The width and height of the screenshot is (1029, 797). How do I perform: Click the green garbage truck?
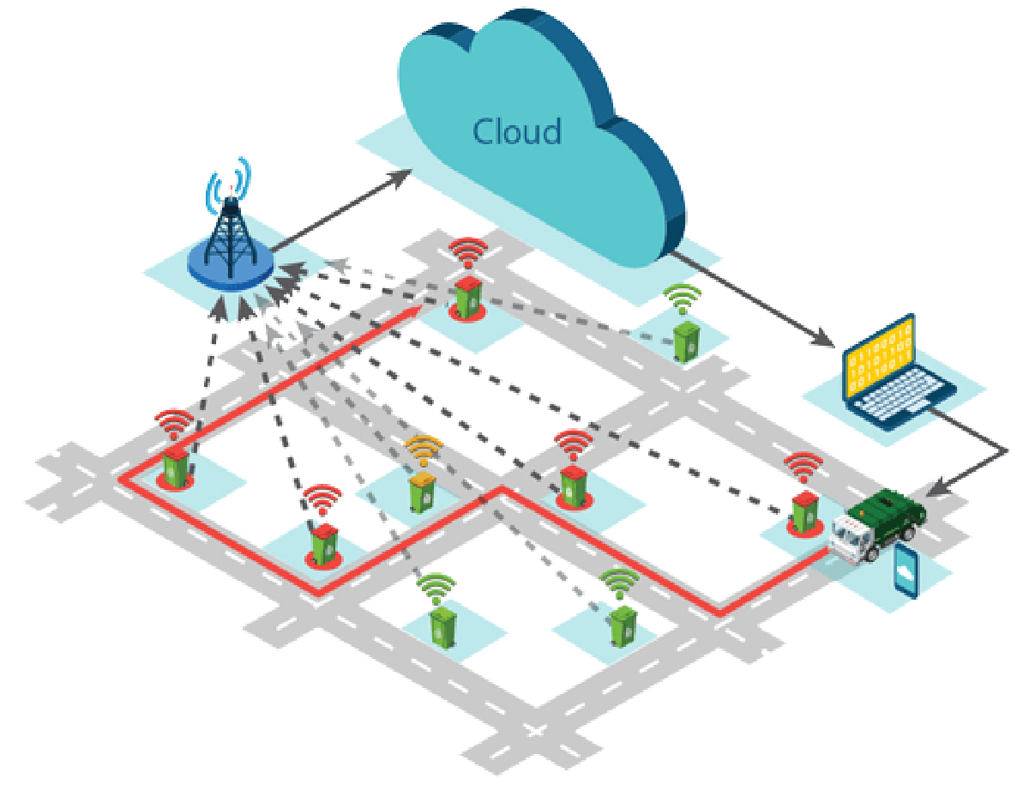pos(883,520)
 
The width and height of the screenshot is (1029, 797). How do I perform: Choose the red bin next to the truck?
pos(803,512)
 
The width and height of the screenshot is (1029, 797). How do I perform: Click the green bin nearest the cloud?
pos(686,340)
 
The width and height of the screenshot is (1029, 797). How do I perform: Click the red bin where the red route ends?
pos(468,296)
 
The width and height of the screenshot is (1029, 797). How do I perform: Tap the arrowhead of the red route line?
pos(419,306)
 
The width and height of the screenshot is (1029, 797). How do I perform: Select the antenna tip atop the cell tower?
pos(230,184)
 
